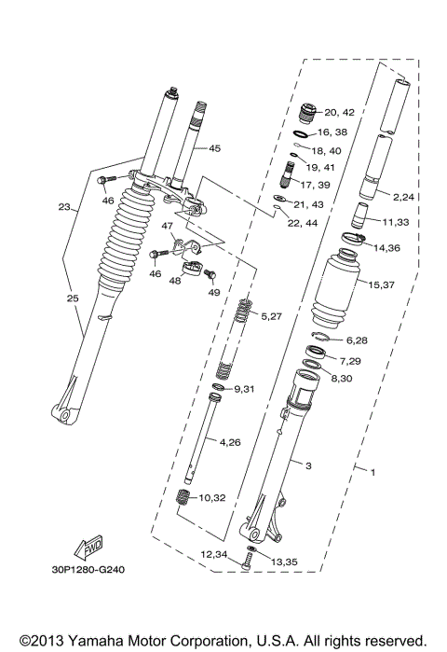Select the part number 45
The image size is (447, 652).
point(214,148)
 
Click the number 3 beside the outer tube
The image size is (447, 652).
point(297,462)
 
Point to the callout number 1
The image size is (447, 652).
point(372,472)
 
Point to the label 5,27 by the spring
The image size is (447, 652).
point(270,315)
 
